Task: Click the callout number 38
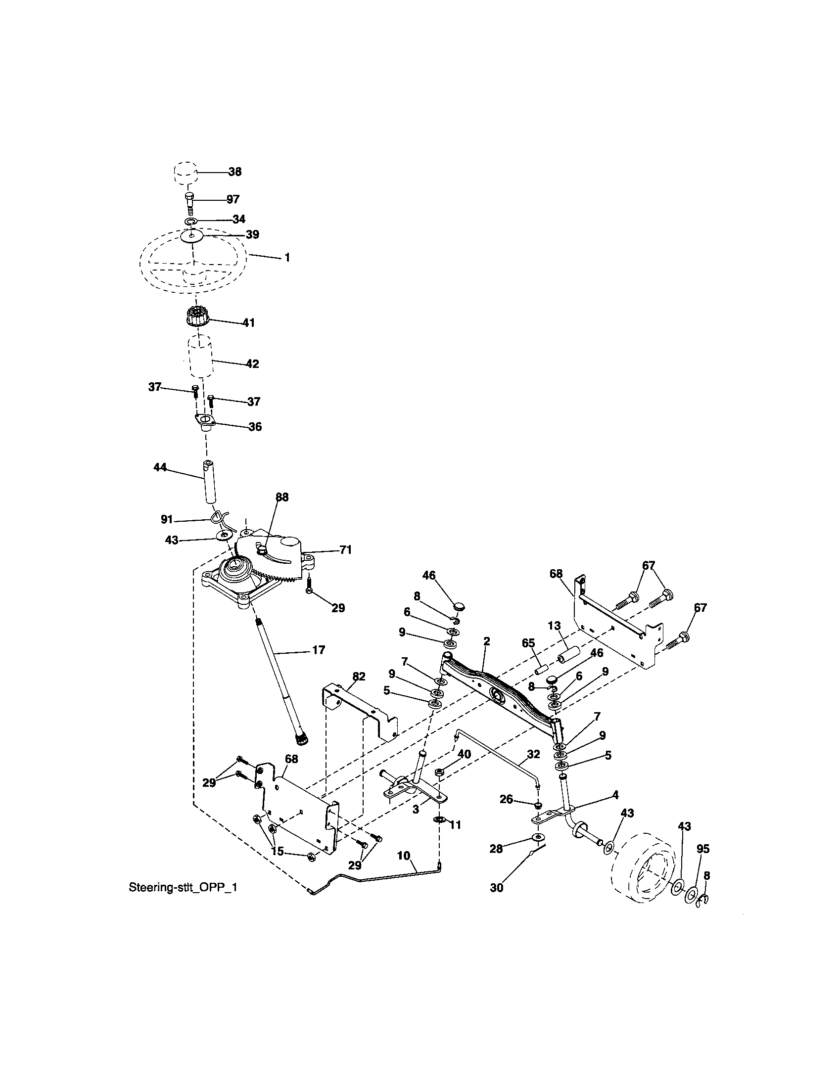234,172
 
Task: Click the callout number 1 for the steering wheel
287,258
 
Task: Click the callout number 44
159,468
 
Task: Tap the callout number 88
281,497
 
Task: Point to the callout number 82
358,677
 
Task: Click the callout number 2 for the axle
486,641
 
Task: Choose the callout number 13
554,626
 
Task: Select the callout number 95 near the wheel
702,849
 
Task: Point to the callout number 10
404,856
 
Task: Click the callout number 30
497,888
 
